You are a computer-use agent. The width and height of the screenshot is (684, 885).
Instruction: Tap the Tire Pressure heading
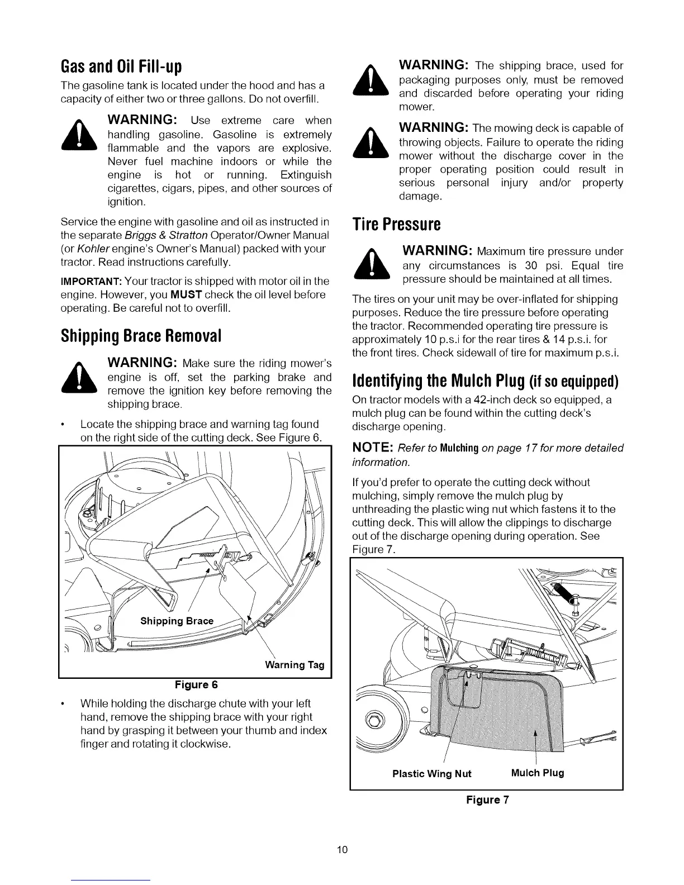click(396, 225)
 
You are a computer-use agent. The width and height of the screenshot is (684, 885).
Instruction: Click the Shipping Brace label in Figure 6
click(177, 621)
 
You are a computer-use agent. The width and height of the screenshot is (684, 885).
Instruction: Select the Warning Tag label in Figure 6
click(294, 665)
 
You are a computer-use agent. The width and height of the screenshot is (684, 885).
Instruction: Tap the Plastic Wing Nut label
click(432, 774)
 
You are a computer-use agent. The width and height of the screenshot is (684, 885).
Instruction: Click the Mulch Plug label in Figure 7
click(538, 773)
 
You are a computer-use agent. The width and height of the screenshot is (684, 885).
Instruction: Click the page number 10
click(343, 850)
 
